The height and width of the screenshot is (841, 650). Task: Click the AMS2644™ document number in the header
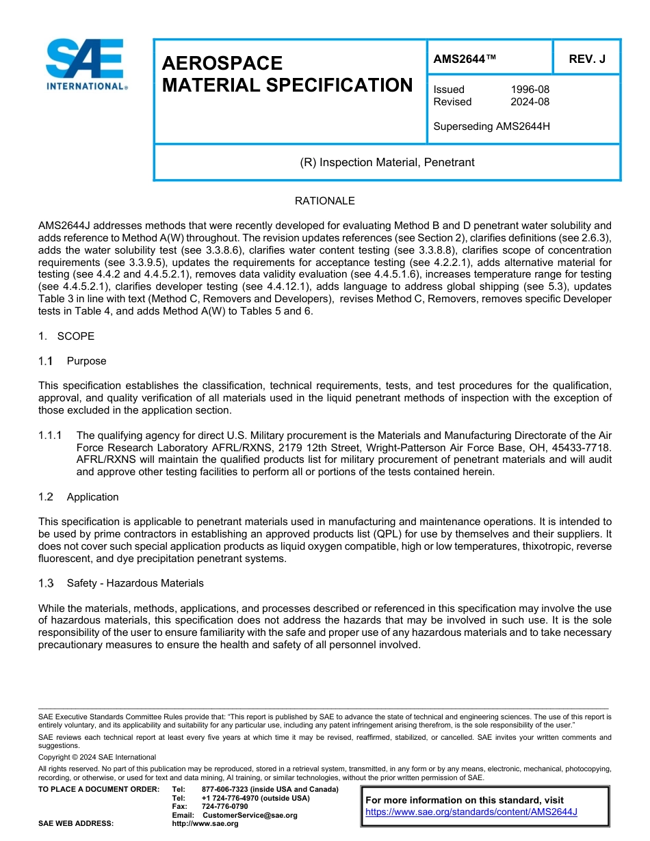[x=465, y=59]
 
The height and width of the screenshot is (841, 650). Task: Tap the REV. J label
[x=586, y=59]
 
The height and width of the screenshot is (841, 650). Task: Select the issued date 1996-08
[x=530, y=90]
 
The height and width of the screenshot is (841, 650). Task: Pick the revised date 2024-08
[x=530, y=102]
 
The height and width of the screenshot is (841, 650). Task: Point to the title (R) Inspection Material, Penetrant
[x=387, y=163]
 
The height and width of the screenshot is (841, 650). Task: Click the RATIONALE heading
[x=324, y=201]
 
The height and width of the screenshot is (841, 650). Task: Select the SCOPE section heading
[x=76, y=336]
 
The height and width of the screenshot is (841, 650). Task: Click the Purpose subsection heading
[x=86, y=361]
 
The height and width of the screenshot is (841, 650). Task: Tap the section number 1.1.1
[x=50, y=436]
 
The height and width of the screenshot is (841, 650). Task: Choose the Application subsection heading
[x=92, y=497]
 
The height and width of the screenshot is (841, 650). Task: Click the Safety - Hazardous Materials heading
[x=135, y=583]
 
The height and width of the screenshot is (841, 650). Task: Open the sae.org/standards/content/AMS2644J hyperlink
[x=471, y=812]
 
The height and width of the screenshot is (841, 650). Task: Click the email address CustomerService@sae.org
[x=250, y=816]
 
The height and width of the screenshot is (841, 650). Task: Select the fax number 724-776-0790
[x=225, y=807]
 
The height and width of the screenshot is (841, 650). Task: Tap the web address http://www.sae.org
[x=205, y=824]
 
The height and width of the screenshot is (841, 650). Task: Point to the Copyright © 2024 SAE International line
[x=97, y=758]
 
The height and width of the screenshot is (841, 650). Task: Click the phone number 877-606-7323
[x=225, y=789]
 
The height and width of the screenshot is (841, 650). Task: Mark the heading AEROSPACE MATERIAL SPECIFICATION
[x=287, y=74]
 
